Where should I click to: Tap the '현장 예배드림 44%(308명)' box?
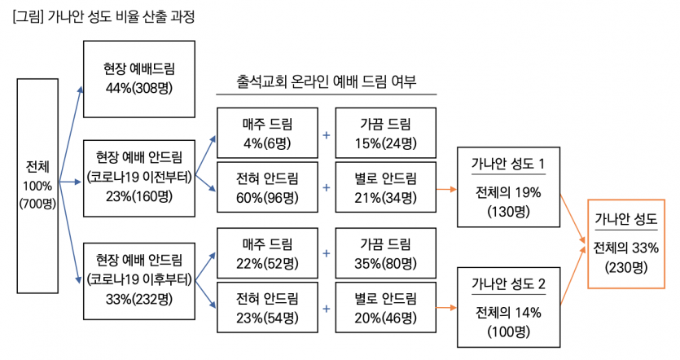coord(139,77)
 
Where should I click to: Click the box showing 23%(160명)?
coord(139,178)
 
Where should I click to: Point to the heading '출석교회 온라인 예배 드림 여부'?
coord(327,81)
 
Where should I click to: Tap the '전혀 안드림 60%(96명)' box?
coord(266,187)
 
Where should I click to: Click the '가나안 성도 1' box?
coord(508,187)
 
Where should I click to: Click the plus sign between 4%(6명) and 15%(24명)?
coord(326,134)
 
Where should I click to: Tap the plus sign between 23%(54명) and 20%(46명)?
coord(326,308)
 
